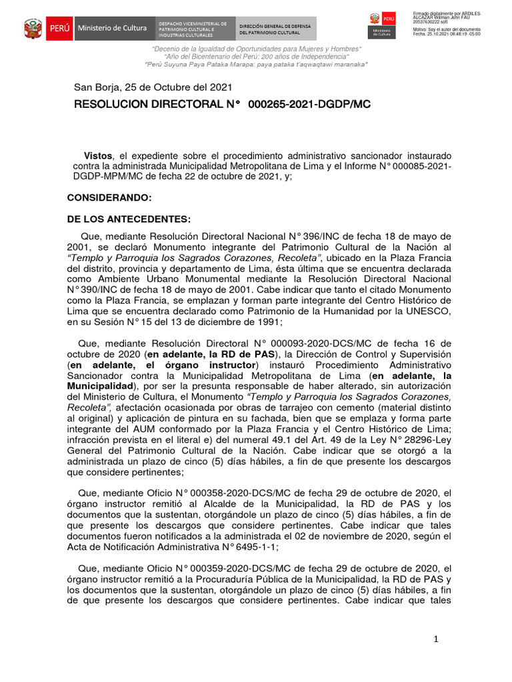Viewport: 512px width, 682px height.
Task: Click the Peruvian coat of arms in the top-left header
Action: coord(33,29)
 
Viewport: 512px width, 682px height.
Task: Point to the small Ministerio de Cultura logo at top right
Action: coord(381,25)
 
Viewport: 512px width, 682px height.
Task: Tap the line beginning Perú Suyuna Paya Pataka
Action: coord(256,65)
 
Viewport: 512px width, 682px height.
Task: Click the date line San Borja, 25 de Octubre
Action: coord(153,87)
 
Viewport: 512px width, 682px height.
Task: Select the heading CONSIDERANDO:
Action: coord(109,198)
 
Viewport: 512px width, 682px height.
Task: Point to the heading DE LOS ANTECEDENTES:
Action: coord(129,219)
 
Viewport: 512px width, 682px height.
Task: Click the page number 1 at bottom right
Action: coord(436,639)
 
